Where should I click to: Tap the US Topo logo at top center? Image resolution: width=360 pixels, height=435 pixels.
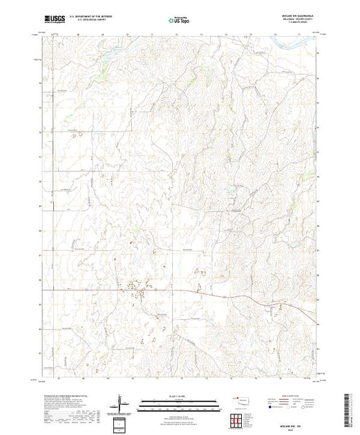click(x=179, y=20)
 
